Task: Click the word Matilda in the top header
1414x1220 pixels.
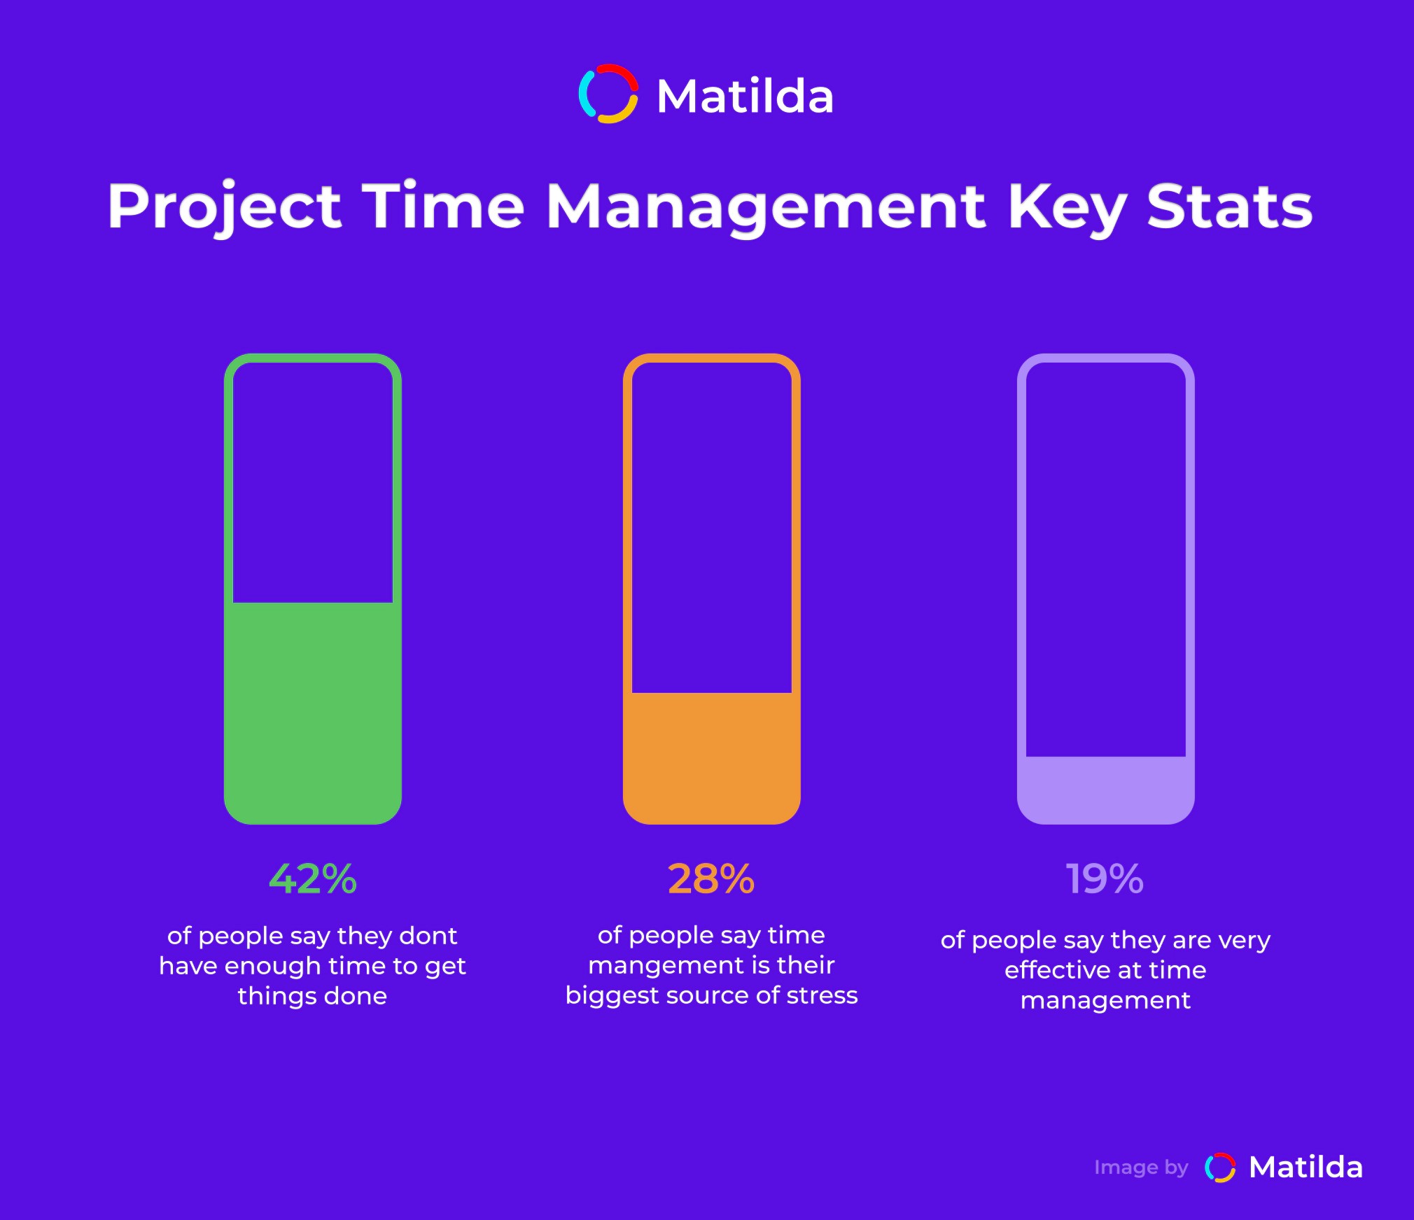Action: point(745,96)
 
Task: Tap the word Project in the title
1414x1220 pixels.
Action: point(225,207)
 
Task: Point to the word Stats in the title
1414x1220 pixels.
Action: point(1230,206)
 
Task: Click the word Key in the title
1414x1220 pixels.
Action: point(1066,209)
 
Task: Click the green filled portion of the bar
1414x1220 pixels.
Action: point(313,713)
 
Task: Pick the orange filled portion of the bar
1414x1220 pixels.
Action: point(712,758)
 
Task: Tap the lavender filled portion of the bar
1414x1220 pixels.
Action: point(1106,790)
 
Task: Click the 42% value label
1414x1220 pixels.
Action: point(313,878)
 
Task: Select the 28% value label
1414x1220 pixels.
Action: point(711,878)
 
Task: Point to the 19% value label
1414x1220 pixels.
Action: point(1105,878)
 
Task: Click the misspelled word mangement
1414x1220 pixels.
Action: point(660,967)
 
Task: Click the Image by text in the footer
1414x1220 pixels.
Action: point(1141,1168)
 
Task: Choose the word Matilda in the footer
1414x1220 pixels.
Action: point(1306,1168)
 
